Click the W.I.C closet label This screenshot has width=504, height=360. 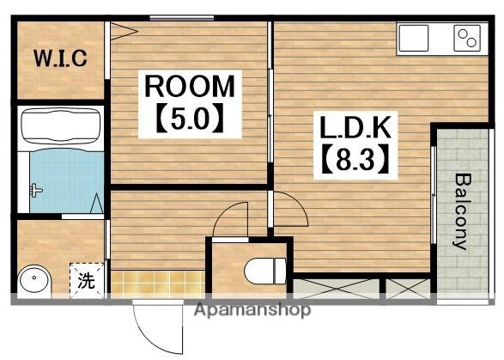pos(60,58)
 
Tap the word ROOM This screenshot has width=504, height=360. pos(190,86)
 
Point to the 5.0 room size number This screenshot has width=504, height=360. pos(190,117)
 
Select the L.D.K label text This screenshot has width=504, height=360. pos(355,127)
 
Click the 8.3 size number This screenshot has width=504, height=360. pos(355,158)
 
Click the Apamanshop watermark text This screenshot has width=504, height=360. pos(252,310)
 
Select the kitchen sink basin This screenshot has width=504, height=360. pos(413,38)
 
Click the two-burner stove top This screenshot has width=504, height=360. pos(467,38)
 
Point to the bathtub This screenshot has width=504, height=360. pos(60,126)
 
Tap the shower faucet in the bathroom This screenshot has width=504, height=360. pos(35,191)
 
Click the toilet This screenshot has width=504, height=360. pos(265,271)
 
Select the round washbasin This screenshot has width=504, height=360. pos(34,279)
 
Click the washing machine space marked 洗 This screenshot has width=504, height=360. pos(87,281)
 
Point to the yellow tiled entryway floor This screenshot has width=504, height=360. pos(157,284)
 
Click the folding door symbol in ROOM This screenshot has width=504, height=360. pos(124,31)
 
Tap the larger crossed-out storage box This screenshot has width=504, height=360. pos(336,289)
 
